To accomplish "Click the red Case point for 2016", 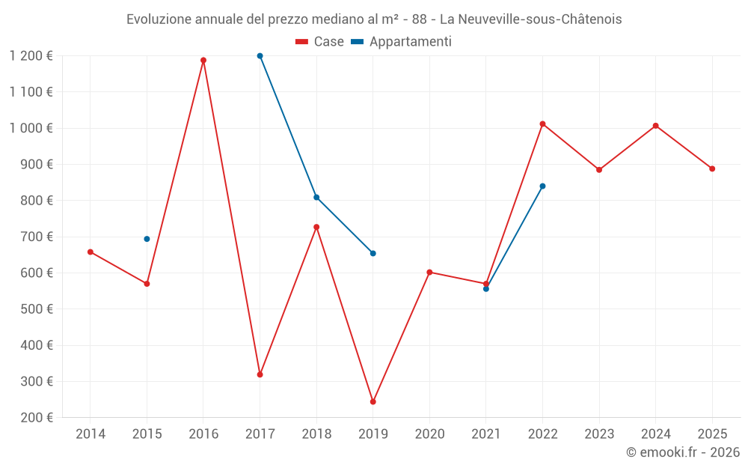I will click(x=203, y=61).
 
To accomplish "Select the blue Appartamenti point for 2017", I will click(x=260, y=56).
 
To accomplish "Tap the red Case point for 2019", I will click(x=373, y=402).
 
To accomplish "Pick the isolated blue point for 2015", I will click(x=147, y=239).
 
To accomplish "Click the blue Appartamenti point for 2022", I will click(x=542, y=186).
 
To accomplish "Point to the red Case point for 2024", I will click(x=655, y=126).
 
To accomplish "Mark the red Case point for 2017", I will click(x=260, y=374).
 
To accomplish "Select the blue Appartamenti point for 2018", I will click(x=316, y=198).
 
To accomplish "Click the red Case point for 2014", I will click(x=91, y=252).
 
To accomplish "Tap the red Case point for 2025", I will click(x=712, y=169).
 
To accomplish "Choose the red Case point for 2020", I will click(x=429, y=273).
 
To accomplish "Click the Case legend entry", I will click(x=320, y=42).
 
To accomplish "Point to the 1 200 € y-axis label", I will click(x=31, y=56).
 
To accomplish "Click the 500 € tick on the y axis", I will click(x=37, y=309).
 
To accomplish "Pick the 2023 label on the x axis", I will click(x=599, y=434).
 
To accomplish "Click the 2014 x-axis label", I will click(x=91, y=434).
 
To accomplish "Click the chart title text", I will click(x=374, y=19).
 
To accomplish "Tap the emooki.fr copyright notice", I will click(x=682, y=452).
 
